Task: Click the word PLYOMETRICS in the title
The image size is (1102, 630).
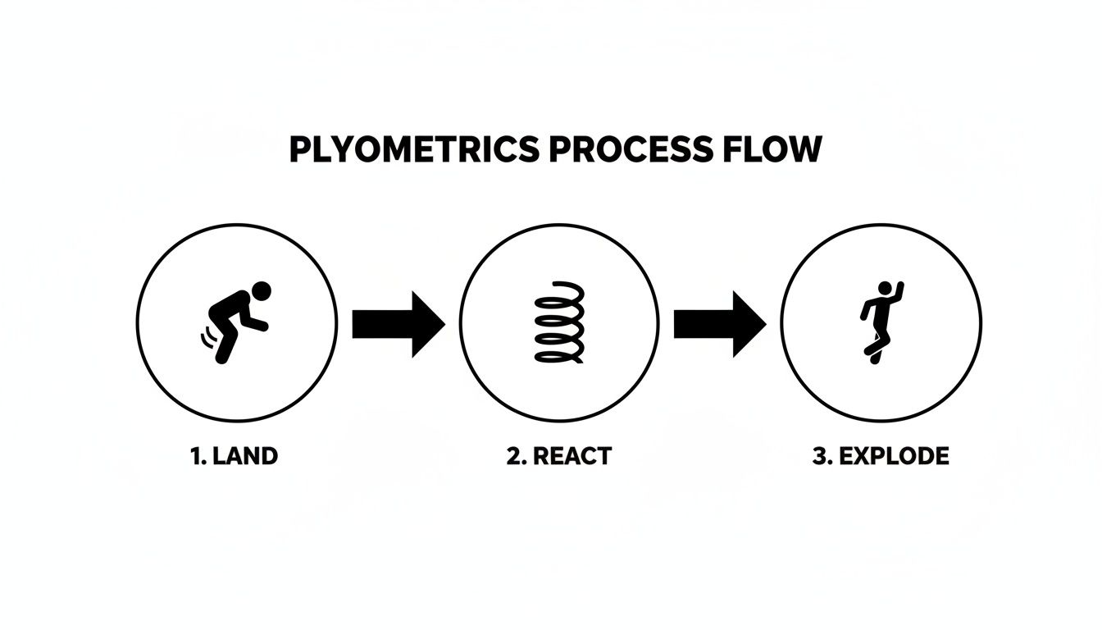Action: tap(414, 150)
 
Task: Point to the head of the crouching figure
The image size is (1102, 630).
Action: tap(261, 291)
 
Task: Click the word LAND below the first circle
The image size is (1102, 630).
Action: tap(245, 456)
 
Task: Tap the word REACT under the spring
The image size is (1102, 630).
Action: tap(572, 456)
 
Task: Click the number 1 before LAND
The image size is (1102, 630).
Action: tap(197, 456)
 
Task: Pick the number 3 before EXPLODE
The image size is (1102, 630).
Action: tap(819, 456)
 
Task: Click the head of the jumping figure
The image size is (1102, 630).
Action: tap(885, 288)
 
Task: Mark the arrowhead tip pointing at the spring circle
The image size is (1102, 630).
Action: tap(443, 324)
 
